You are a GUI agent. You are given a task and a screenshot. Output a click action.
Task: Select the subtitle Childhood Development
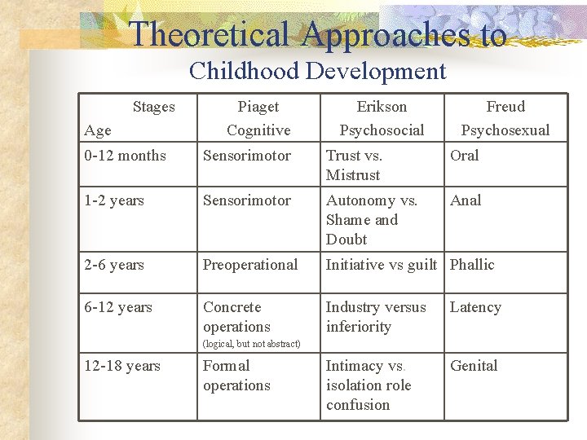317,71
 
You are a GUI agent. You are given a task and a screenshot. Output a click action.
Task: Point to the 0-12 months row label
125,156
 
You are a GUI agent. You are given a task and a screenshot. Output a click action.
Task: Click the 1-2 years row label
113,200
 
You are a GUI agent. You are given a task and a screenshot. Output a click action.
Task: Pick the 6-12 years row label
117,307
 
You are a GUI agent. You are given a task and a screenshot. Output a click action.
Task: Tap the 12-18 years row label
121,366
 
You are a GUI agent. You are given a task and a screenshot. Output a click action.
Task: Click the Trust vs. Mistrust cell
354,165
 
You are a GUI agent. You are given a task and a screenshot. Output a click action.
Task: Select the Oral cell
465,156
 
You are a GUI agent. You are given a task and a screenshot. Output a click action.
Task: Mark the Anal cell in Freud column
466,200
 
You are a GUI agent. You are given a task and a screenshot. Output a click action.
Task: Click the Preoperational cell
250,265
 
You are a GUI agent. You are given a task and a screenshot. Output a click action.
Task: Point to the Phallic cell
472,265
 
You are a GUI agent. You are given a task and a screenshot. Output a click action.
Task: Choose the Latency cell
475,307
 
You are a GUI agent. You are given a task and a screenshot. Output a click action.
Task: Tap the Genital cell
474,366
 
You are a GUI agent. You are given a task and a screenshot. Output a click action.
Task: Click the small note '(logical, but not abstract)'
251,344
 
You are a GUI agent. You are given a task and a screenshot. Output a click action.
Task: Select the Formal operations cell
236,376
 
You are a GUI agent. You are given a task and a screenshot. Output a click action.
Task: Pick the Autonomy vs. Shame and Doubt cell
372,220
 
